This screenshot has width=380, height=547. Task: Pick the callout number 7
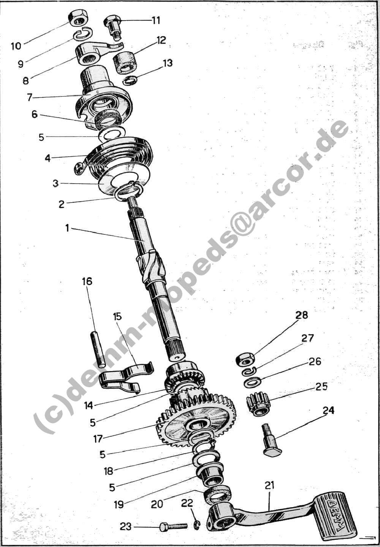tap(30, 97)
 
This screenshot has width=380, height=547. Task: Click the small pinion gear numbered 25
tap(257, 404)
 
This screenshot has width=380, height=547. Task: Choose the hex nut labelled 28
tap(245, 360)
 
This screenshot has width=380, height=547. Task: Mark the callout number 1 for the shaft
tap(66, 228)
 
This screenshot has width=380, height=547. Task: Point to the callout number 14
tap(89, 406)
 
